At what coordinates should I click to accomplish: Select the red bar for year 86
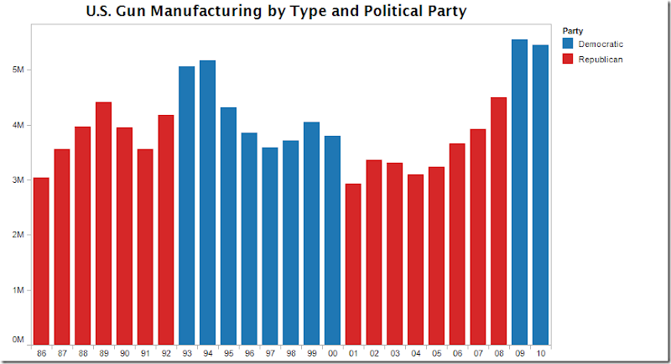[42, 260]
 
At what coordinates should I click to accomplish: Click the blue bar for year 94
[207, 201]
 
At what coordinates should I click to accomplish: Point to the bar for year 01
[353, 263]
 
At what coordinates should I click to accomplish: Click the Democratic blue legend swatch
[568, 43]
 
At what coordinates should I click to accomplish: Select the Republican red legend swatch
[568, 60]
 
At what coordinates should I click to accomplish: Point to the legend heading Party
[573, 30]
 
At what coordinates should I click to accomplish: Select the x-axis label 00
[332, 353]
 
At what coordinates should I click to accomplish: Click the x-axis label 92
[166, 353]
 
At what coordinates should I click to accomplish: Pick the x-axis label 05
[436, 353]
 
